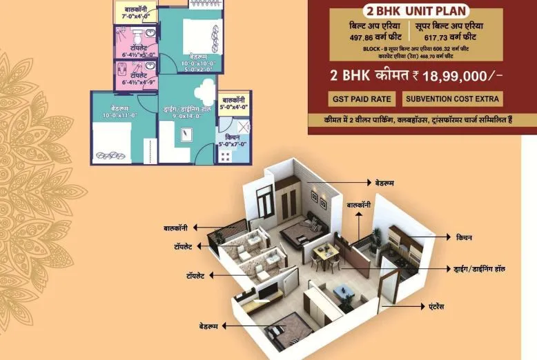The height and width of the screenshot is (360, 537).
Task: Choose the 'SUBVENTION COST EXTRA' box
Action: coord(453,99)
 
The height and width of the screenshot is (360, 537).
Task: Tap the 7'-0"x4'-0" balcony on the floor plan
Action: coord(135,12)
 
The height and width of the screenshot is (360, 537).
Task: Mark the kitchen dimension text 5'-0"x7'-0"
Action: coord(233,143)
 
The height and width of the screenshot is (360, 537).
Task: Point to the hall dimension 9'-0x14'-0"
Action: coord(186,116)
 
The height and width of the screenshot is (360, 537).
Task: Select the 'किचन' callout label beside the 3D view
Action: coord(464,238)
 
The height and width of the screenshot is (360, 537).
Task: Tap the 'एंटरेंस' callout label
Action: coord(439,302)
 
